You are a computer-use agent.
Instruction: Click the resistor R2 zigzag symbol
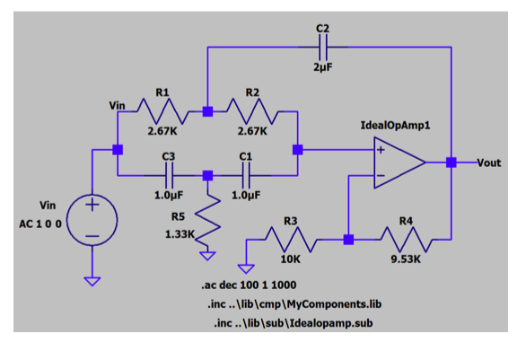pyautogui.click(x=252, y=112)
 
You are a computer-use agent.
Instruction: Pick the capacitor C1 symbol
pyautogui.click(x=247, y=176)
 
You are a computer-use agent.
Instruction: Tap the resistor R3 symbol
pyautogui.click(x=290, y=240)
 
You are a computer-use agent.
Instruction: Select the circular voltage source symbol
pyautogui.click(x=92, y=219)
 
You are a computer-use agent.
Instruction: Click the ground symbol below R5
pyautogui.click(x=208, y=256)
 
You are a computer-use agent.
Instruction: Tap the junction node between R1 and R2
pyautogui.click(x=207, y=112)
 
